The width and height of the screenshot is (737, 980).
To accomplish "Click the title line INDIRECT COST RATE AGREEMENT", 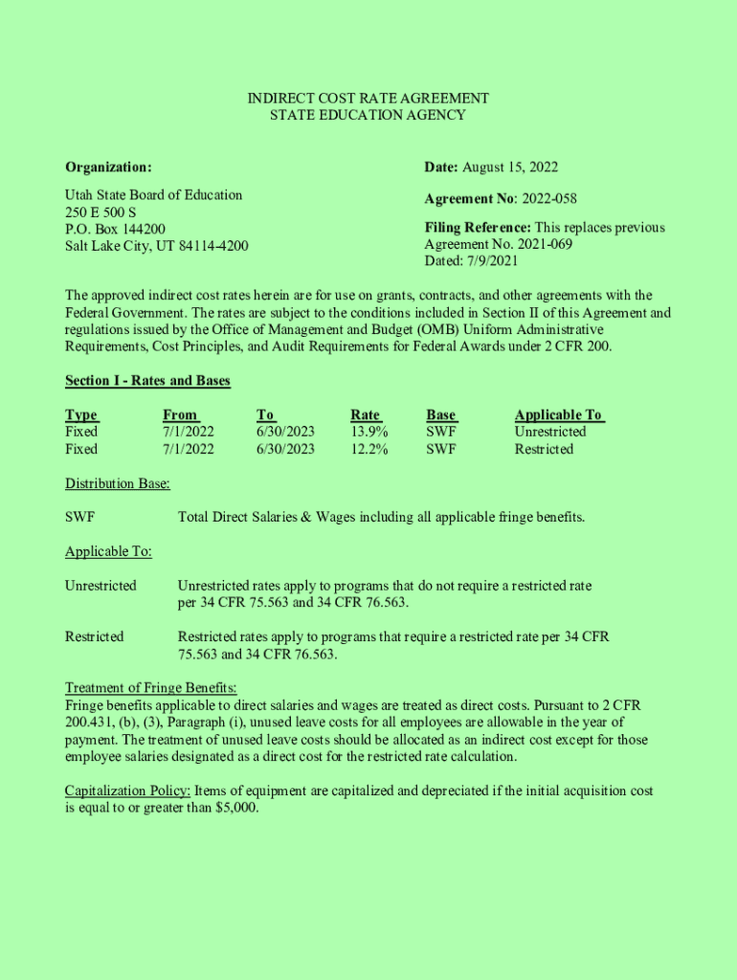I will pyautogui.click(x=368, y=99).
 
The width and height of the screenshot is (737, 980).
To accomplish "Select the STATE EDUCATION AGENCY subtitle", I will pyautogui.click(x=368, y=115).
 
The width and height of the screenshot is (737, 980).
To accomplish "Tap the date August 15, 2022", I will pyautogui.click(x=510, y=167).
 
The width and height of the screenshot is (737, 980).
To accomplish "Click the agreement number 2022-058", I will pyautogui.click(x=548, y=199).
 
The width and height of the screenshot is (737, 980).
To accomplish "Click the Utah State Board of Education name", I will pyautogui.click(x=153, y=195).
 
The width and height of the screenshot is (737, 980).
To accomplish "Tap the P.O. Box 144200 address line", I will pyautogui.click(x=115, y=229).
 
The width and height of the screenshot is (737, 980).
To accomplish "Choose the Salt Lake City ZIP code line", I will pyautogui.click(x=156, y=246).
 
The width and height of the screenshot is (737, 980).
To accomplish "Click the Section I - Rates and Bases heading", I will pyautogui.click(x=147, y=381).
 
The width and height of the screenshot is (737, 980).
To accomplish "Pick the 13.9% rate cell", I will pyautogui.click(x=369, y=432).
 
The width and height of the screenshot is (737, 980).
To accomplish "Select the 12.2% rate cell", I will pyautogui.click(x=369, y=449).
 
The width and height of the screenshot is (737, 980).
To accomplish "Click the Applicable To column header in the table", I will pyautogui.click(x=559, y=414).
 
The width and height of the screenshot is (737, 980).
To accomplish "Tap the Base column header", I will pyautogui.click(x=441, y=414).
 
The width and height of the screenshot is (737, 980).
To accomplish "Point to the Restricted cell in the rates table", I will pyautogui.click(x=544, y=449).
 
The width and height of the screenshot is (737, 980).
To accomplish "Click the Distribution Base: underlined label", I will pyautogui.click(x=118, y=483).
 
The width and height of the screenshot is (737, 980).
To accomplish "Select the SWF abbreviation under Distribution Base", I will pyautogui.click(x=79, y=518).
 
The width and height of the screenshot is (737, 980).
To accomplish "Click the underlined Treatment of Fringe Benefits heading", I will pyautogui.click(x=150, y=688).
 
